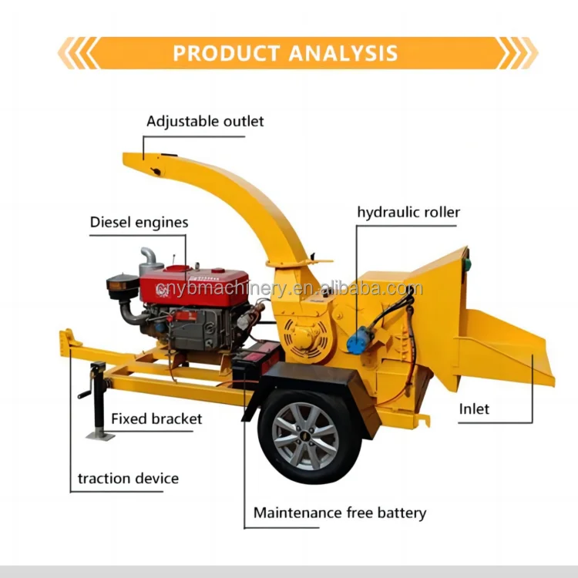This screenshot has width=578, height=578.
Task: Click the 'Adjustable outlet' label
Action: pyautogui.click(x=205, y=122)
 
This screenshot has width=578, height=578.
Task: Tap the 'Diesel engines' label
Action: pyautogui.click(x=139, y=223)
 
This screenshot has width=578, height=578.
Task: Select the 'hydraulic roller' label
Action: pyautogui.click(x=408, y=213)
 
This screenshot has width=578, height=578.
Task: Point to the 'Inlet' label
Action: pyautogui.click(x=474, y=408)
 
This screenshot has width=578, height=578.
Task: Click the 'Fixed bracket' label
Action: pyautogui.click(x=156, y=419)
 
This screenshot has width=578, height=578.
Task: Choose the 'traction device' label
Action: pyautogui.click(x=128, y=479)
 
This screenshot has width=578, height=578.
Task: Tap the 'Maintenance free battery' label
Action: pyautogui.click(x=340, y=512)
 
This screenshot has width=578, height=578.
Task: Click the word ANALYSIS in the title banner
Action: pyautogui.click(x=343, y=53)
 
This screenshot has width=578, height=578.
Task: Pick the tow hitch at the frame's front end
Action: pyautogui.click(x=69, y=340)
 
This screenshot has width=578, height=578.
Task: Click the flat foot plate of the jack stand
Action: pyautogui.click(x=99, y=435)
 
